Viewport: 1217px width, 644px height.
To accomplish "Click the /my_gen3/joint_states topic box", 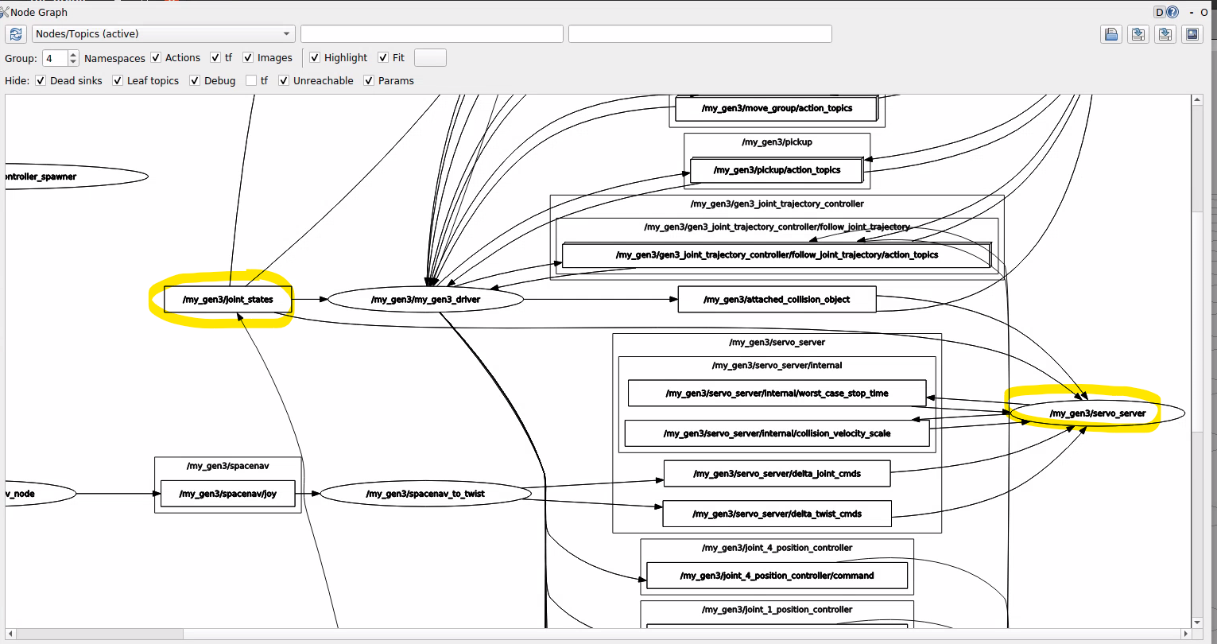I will [227, 300].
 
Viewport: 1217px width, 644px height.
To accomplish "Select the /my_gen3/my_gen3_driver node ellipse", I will [425, 300].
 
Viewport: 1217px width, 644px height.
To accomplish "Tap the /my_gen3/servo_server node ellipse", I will [1097, 413].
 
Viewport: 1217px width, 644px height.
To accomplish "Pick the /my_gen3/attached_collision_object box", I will [777, 300].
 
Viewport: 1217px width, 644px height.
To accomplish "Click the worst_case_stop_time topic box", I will [777, 394].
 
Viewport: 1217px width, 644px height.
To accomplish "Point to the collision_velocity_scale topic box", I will [777, 433].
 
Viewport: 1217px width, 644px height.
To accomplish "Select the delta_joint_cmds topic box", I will [777, 474].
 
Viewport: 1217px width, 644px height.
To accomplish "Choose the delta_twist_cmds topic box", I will [777, 514].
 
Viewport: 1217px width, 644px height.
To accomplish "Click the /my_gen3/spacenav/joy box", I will [227, 494].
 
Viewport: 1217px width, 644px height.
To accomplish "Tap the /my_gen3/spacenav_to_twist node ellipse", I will [425, 494].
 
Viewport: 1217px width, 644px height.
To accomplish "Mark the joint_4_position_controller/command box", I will [777, 576].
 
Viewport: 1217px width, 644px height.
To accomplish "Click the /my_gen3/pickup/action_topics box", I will [777, 170].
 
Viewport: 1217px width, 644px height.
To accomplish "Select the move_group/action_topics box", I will [777, 108].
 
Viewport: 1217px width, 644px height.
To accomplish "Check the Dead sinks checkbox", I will [41, 81].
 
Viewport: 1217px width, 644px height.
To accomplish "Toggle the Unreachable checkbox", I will [284, 81].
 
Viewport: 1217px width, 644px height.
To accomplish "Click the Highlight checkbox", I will [315, 58].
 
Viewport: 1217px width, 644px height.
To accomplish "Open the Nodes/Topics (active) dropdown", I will [164, 34].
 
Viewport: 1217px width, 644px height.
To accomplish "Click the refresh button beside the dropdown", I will [16, 34].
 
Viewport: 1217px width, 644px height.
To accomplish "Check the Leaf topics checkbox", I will [118, 81].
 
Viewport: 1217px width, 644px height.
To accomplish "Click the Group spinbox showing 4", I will [55, 58].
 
